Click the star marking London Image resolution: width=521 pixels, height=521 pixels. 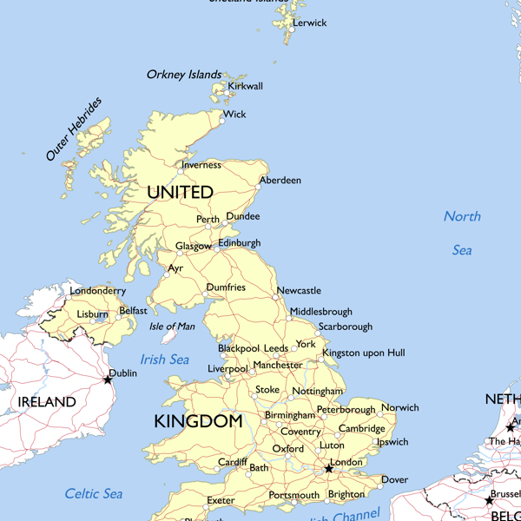pos(328,469)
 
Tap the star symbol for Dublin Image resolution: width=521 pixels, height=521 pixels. pos(109,379)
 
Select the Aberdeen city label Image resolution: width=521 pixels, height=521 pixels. pos(280,181)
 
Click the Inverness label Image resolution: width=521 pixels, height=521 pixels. pos(201,165)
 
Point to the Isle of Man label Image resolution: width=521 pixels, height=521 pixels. pos(172,326)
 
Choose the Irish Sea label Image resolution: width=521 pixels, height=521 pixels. pos(164,359)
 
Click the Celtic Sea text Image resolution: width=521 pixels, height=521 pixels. pos(94,494)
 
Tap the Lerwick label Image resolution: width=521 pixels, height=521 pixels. pos(310,23)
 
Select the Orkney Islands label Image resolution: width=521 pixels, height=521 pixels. pos(184,75)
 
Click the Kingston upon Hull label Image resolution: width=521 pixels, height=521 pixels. pos(363,353)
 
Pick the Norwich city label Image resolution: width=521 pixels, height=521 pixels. pos(399,407)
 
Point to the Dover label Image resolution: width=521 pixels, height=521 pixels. pos(394,479)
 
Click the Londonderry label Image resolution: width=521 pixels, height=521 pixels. pos(97,291)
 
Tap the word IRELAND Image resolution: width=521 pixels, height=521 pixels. pos(47,403)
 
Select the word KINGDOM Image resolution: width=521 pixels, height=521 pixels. pos(198,422)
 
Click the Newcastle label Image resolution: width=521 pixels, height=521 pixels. pos(299,291)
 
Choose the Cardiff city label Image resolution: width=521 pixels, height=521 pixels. pos(233,462)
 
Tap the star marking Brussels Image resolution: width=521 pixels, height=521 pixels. pos(490,500)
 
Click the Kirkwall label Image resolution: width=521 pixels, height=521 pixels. pos(245,87)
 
